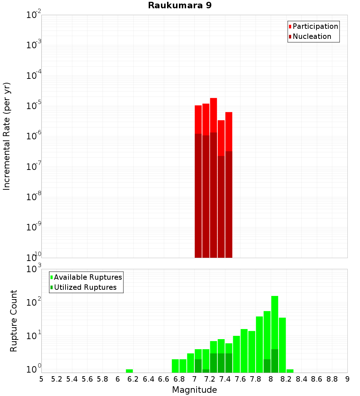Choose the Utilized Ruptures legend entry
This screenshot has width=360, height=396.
tap(85, 287)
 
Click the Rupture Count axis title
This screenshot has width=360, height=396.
tap(14, 320)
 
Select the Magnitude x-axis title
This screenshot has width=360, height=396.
tap(194, 390)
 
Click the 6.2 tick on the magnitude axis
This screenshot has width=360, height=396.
tap(133, 379)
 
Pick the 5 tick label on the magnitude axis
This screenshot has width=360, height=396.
tap(41, 379)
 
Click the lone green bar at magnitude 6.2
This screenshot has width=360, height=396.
tap(129, 371)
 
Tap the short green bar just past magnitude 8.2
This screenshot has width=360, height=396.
tap(290, 371)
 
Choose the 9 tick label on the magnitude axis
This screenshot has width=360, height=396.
tap(347, 379)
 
